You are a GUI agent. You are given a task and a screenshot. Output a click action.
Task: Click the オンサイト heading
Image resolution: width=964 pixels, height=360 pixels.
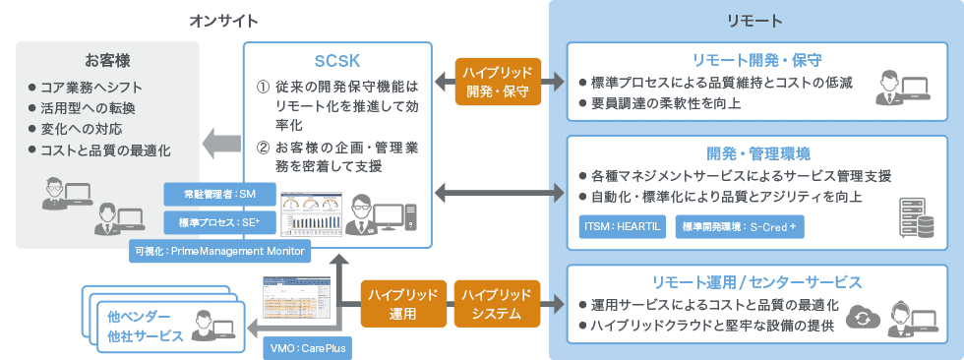(x=224, y=20)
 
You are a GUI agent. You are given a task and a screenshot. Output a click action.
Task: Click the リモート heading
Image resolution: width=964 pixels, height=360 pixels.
(x=754, y=20)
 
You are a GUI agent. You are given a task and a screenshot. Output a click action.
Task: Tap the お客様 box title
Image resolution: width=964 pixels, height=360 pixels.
(x=108, y=60)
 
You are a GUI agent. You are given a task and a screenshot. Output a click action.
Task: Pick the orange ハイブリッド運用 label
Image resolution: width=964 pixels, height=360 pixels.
(x=399, y=304)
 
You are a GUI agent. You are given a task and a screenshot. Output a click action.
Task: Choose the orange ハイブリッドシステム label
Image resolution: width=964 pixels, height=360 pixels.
(x=499, y=304)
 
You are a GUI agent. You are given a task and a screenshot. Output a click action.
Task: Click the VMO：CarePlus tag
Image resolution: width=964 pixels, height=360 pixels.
(x=306, y=348)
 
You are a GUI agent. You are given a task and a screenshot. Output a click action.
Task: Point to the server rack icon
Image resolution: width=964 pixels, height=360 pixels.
(x=913, y=217)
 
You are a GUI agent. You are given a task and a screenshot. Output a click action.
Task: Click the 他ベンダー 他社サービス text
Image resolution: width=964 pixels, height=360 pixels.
(x=146, y=326)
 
